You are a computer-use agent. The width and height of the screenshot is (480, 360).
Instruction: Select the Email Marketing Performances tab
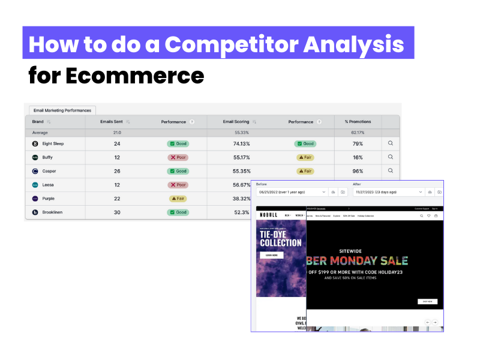(x=62, y=110)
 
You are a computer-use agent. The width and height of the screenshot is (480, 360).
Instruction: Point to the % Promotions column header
(x=358, y=122)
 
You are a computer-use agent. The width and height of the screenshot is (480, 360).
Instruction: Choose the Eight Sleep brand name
(x=53, y=143)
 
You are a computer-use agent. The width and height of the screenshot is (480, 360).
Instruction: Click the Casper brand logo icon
(x=35, y=171)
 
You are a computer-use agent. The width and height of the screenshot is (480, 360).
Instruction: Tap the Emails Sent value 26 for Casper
(x=116, y=171)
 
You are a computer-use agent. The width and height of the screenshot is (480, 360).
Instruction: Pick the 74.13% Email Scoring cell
(x=241, y=143)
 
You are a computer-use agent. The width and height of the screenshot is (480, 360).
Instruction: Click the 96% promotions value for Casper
(x=358, y=171)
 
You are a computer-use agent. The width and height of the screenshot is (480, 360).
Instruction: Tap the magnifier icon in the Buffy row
(x=390, y=157)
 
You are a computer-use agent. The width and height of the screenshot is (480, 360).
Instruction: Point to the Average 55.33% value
(x=241, y=133)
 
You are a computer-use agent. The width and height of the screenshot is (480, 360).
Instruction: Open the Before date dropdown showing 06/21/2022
(x=292, y=192)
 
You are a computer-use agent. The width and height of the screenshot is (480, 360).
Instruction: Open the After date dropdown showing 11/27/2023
(x=390, y=192)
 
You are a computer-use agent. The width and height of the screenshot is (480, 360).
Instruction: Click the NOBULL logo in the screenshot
(x=269, y=215)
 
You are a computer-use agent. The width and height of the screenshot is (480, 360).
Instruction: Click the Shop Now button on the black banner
(x=428, y=301)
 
